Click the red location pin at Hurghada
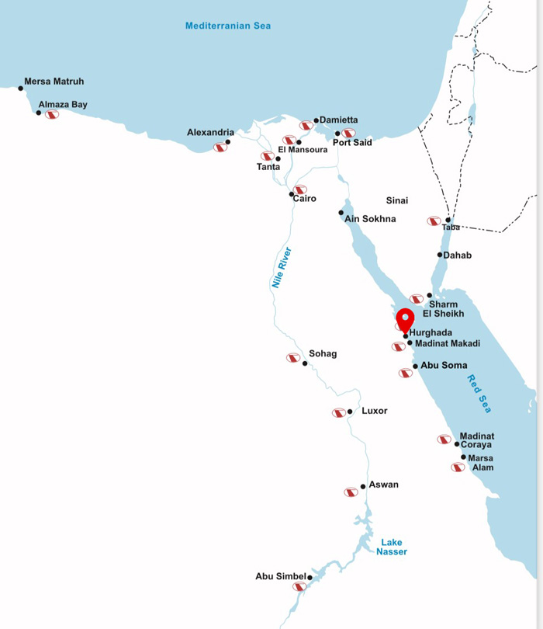[x=405, y=319]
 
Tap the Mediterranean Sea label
[x=227, y=26]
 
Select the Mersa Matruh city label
[x=54, y=81]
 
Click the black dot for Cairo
[x=292, y=194]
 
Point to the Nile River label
[x=280, y=269]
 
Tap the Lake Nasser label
[x=392, y=547]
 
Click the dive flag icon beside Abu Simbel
[x=299, y=587]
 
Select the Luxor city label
[x=375, y=411]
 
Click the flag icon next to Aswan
[x=351, y=492]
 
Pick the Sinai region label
[x=397, y=200]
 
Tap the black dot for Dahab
[x=440, y=255]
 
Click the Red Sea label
[x=479, y=394]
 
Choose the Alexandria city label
[x=210, y=133]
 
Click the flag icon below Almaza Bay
[x=52, y=115]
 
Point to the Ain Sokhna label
[x=370, y=219]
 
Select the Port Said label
[x=352, y=143]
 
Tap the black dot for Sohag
[x=305, y=363]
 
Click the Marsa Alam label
[x=481, y=463]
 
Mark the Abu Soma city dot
[x=415, y=367]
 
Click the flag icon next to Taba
[x=434, y=221]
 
